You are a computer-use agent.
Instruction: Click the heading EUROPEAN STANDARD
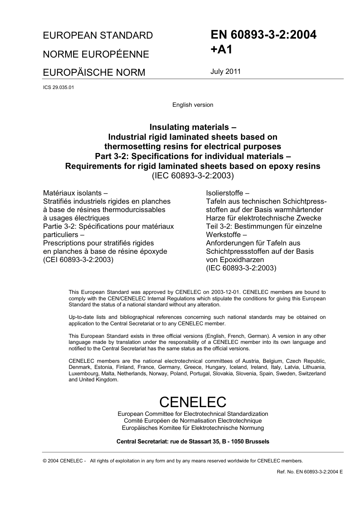pyautogui.click(x=98, y=36)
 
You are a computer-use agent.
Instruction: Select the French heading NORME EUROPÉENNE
pyautogui.click(x=96, y=54)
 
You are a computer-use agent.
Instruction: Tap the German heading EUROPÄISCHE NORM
pyautogui.click(x=94, y=72)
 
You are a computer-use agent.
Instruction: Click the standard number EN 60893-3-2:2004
pyautogui.click(x=263, y=35)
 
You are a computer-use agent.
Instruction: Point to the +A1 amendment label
pyautogui.click(x=221, y=50)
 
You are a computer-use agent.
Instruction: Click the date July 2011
pyautogui.click(x=225, y=72)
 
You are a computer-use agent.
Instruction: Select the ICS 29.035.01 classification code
pyautogui.click(x=59, y=87)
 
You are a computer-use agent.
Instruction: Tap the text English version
pyautogui.click(x=193, y=105)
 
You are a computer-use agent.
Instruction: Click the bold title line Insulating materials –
pyautogui.click(x=193, y=127)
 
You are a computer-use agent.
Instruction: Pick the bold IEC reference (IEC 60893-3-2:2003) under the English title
pyautogui.click(x=193, y=176)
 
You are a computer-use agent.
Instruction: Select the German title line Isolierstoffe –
pyautogui.click(x=227, y=193)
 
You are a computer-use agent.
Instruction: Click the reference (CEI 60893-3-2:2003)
pyautogui.click(x=78, y=260)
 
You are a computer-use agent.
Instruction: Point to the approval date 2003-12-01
pyautogui.click(x=226, y=292)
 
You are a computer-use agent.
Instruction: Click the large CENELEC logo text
pyautogui.click(x=193, y=402)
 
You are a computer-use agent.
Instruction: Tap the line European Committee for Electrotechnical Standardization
pyautogui.click(x=193, y=414)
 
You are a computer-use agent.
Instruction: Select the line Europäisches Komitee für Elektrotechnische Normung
pyautogui.click(x=193, y=428)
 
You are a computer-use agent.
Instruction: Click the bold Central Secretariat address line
pyautogui.click(x=193, y=442)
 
